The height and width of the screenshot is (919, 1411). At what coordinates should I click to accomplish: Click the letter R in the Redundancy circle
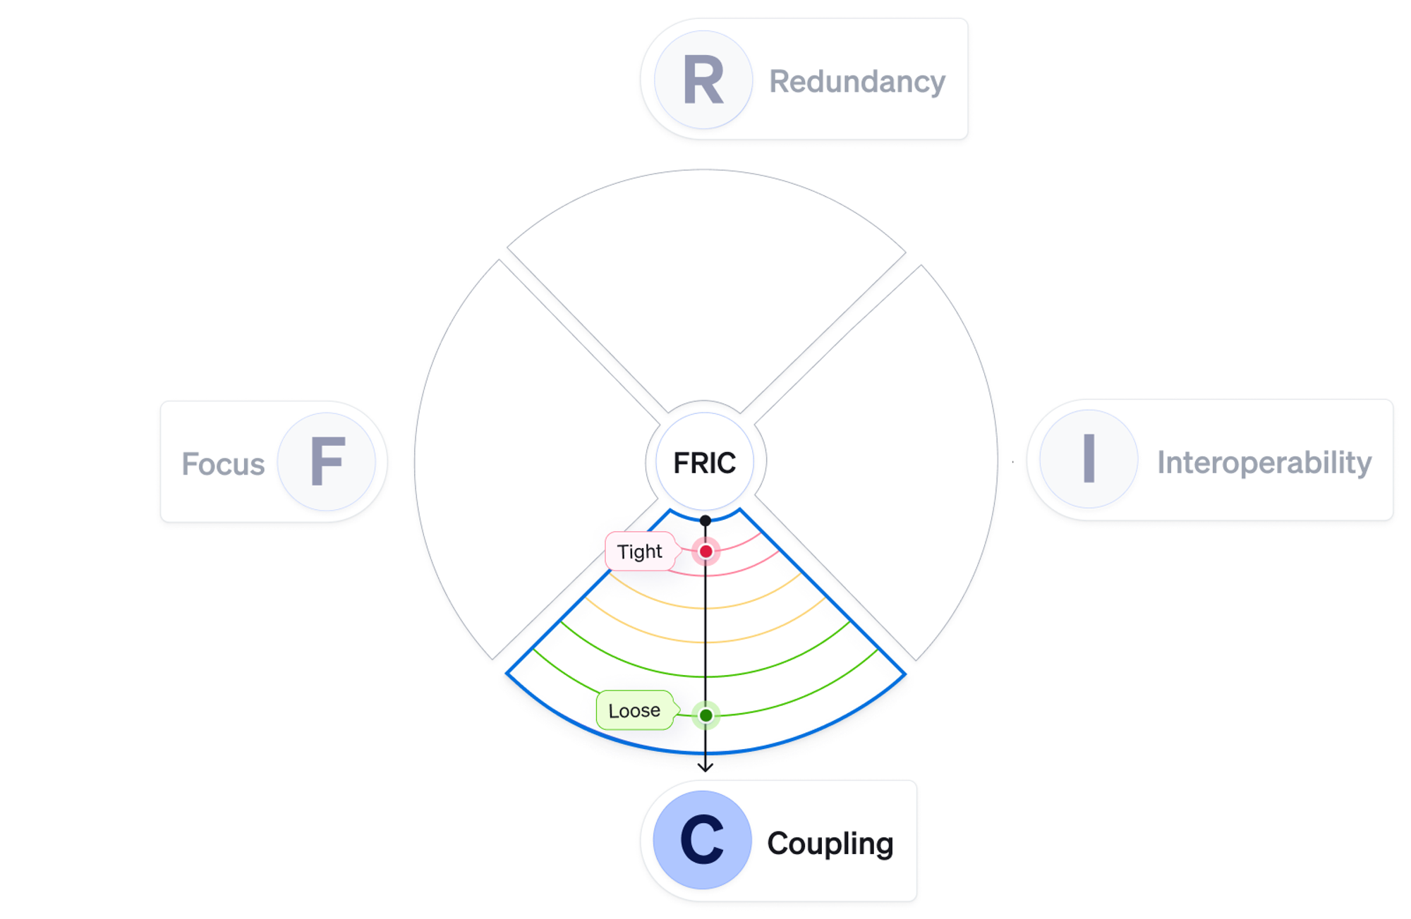(703, 80)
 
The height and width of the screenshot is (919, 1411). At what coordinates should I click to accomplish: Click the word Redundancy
(856, 82)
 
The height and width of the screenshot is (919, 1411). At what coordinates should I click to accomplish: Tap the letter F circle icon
(327, 462)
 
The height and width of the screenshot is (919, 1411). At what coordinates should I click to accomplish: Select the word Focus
(223, 464)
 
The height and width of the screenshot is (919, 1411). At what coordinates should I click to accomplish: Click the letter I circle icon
(1089, 459)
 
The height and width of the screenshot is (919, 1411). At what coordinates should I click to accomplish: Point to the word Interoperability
(1264, 463)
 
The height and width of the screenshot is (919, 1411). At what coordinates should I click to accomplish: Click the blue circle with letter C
(702, 839)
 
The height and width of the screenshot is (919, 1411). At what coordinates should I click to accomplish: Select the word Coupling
(830, 844)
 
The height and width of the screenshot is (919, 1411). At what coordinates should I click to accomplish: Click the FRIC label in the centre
(704, 463)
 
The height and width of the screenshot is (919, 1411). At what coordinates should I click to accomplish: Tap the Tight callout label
(639, 552)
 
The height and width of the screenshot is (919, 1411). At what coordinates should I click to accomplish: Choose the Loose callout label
(634, 710)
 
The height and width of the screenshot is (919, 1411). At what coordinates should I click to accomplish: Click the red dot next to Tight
(705, 552)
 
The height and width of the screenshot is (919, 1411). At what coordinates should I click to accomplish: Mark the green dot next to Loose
(705, 715)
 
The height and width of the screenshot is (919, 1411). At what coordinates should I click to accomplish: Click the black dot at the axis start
(705, 521)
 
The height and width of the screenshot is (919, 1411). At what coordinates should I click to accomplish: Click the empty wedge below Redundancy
(705, 282)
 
